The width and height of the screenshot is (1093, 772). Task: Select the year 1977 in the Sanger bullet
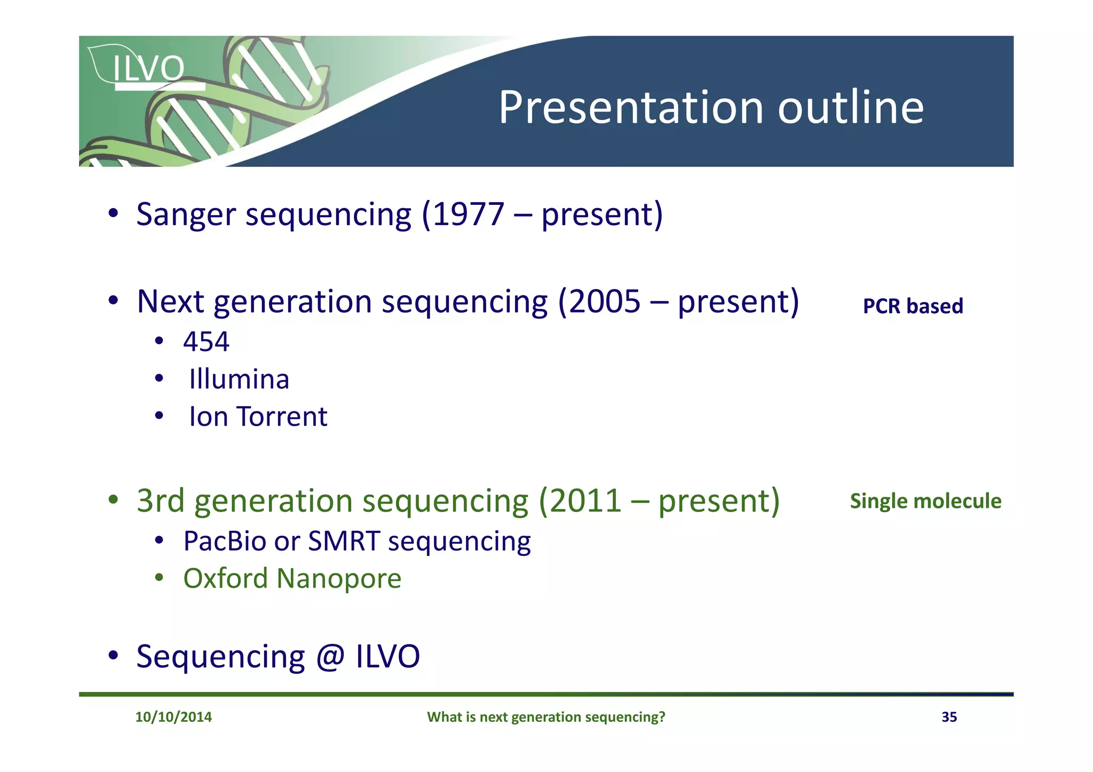point(468,214)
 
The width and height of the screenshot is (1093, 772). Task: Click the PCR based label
point(913,306)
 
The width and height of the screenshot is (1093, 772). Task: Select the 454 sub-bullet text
point(206,341)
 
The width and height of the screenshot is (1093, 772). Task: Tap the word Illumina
point(239,379)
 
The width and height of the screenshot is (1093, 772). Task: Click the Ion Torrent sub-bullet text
point(258,417)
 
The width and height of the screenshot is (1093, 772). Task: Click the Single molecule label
point(925,502)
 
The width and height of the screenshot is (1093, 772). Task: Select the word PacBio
point(225,541)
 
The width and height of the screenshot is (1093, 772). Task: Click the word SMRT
point(344,541)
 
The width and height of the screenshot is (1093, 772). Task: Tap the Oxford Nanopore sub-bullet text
point(292,579)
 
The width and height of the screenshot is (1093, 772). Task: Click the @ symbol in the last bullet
point(330,657)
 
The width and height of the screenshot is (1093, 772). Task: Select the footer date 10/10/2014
point(173,717)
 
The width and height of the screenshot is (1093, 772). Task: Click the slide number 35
point(949,717)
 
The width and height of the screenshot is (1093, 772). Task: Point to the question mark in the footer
point(662,717)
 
